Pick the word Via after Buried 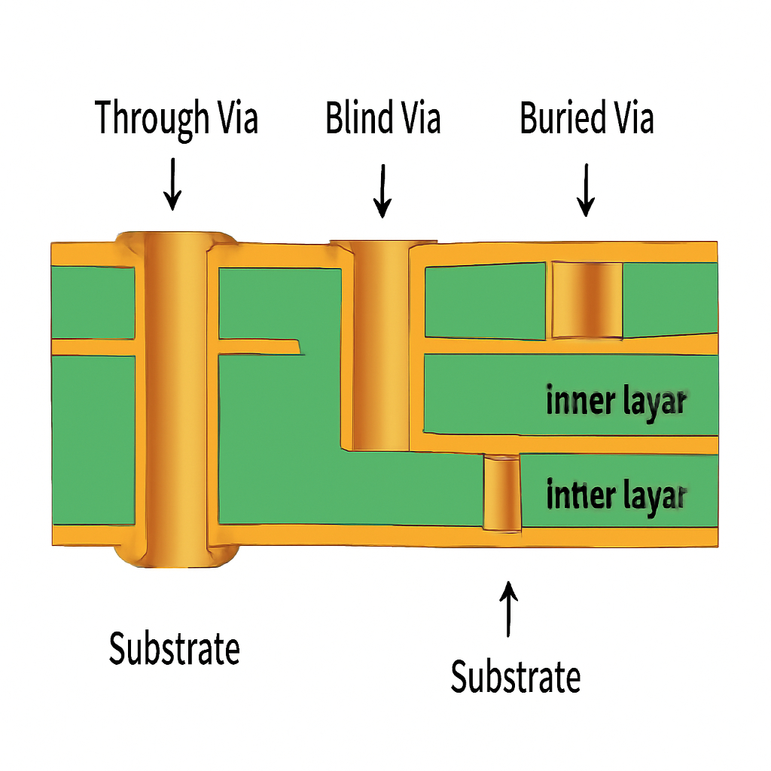point(631,119)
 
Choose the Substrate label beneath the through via point(174,648)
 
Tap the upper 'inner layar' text point(615,402)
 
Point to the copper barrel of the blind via point(381,346)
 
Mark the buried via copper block point(587,300)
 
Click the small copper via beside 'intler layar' point(501,493)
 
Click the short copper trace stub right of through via point(260,346)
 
